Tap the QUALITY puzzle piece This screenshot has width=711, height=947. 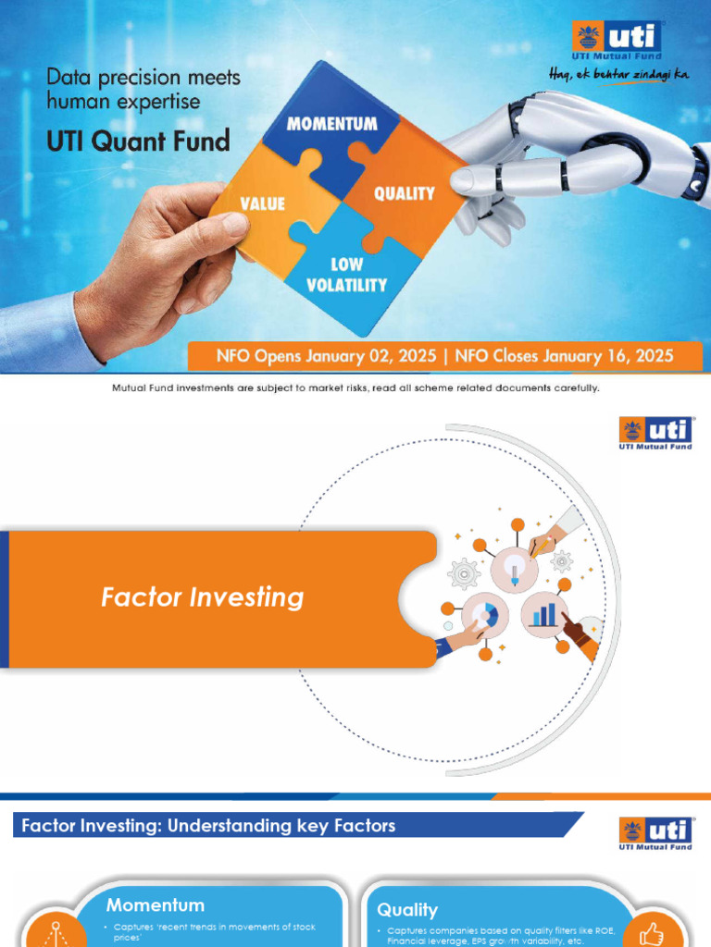[404, 193]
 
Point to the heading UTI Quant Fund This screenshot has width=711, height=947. [138, 141]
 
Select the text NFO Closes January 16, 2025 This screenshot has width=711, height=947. [564, 355]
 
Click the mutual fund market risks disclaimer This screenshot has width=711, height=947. [355, 388]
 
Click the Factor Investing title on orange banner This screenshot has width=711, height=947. [202, 597]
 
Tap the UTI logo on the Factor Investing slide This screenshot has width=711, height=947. [655, 433]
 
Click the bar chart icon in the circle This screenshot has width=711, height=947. [544, 615]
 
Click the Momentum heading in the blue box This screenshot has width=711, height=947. [155, 904]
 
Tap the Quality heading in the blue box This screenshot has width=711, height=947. [407, 910]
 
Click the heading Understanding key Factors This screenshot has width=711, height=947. [208, 826]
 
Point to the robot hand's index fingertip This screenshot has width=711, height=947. [460, 180]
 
